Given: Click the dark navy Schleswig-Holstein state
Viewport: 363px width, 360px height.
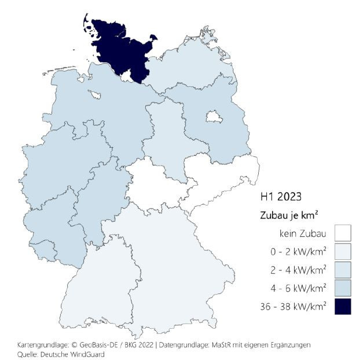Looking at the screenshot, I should [119, 49].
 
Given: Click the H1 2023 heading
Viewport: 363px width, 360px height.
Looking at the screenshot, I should [281, 197].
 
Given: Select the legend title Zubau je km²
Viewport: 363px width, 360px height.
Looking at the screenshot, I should [288, 215].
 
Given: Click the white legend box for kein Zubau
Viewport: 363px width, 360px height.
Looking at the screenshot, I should [343, 234].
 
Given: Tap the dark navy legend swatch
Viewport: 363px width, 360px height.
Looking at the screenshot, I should [343, 306].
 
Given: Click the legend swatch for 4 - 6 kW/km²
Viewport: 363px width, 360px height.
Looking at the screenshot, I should [343, 288].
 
